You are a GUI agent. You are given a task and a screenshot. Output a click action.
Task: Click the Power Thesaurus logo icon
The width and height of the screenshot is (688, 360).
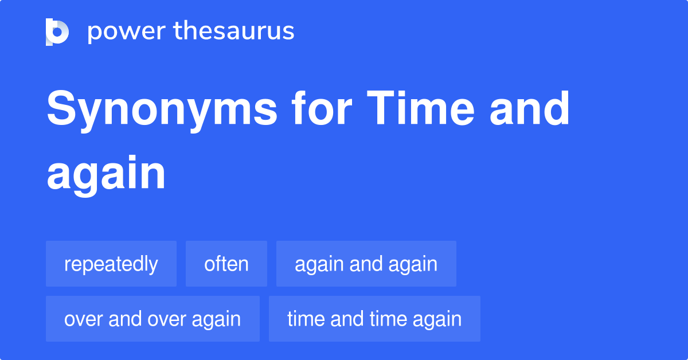pos(57,32)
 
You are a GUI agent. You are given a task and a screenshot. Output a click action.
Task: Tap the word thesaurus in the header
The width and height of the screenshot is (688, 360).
pos(234,31)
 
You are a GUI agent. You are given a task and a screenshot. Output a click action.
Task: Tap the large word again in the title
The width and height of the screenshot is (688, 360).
pos(106,174)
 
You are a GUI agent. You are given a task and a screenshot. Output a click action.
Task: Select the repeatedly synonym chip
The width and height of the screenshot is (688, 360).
pos(111,264)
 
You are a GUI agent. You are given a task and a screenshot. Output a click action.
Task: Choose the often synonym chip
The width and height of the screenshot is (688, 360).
pos(226,264)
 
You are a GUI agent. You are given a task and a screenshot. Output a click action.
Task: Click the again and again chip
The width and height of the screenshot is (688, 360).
pos(366,264)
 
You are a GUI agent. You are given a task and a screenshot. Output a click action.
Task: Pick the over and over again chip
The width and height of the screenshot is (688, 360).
pos(153,319)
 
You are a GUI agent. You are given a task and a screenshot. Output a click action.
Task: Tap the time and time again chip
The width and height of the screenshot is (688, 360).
pos(374,319)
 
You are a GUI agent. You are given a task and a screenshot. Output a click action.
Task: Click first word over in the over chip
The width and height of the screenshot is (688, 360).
pos(80,319)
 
